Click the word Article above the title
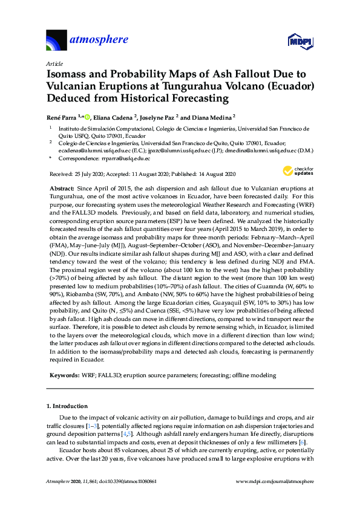tap(54, 63)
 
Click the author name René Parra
tap(63, 117)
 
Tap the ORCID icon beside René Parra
tap(87, 117)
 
